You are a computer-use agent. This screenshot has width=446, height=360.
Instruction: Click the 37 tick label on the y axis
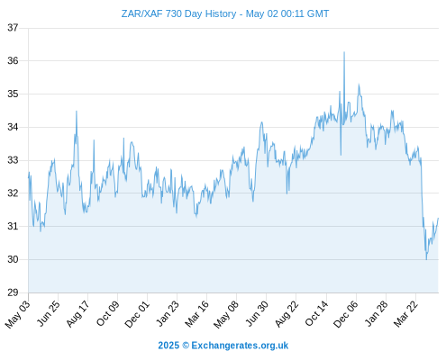point(13,28)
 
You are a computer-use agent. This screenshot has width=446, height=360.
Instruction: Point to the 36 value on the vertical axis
point(13,61)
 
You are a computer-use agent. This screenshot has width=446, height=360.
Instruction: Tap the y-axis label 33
point(13,160)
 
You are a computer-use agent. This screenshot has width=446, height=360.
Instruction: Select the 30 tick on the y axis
point(13,259)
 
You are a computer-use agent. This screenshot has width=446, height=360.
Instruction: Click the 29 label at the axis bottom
point(13,292)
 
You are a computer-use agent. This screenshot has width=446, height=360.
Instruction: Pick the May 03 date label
point(18,314)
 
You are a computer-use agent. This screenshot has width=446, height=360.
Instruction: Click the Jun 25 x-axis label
point(49,313)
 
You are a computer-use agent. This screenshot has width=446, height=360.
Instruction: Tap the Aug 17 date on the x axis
point(78,313)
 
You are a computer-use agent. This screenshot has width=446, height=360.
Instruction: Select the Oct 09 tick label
point(108,313)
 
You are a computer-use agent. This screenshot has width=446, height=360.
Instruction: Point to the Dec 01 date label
point(137,314)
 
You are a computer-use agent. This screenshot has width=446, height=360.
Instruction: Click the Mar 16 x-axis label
point(197,313)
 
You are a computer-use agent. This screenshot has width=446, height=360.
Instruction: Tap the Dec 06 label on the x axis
point(346,314)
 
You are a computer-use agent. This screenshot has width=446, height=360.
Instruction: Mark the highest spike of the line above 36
point(344,52)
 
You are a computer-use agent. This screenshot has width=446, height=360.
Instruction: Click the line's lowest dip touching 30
point(426,259)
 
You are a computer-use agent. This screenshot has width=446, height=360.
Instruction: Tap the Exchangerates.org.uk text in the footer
point(240,346)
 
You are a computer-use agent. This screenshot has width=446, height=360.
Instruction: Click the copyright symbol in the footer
point(186,346)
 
